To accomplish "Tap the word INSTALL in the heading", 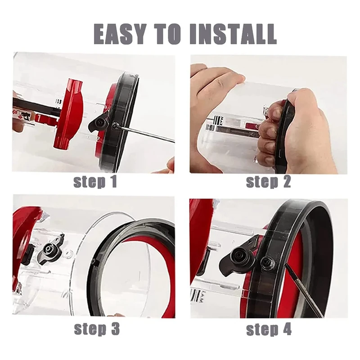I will click(x=232, y=33).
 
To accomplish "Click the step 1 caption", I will click(x=95, y=182).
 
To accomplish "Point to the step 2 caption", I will click(x=268, y=182).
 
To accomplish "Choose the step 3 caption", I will click(x=96, y=329).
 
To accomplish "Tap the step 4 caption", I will click(x=269, y=329).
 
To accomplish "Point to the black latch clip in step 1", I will click(x=99, y=121).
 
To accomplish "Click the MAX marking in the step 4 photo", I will click(x=197, y=295).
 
